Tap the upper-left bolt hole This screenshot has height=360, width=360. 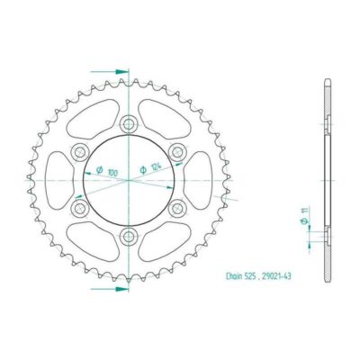(x=80, y=151)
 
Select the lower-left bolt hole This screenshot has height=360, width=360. (x=80, y=209)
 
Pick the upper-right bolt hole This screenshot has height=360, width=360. (x=177, y=151)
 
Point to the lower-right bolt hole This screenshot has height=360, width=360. (x=177, y=209)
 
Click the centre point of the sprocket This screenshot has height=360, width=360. (x=129, y=180)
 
